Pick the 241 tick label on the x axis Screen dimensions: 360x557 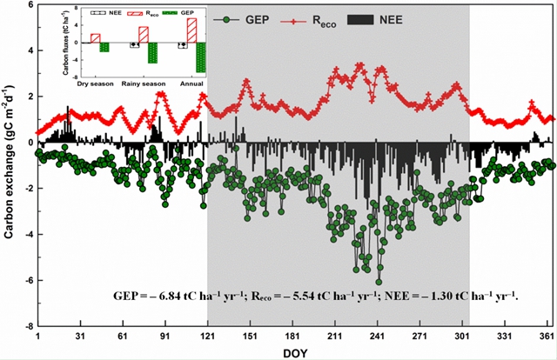click(378, 335)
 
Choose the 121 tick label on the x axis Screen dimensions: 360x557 click(206, 335)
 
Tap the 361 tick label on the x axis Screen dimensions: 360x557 click(547, 335)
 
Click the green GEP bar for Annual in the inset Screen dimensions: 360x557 click(200, 57)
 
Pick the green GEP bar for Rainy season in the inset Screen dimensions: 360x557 click(152, 53)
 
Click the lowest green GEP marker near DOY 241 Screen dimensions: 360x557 click(379, 282)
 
